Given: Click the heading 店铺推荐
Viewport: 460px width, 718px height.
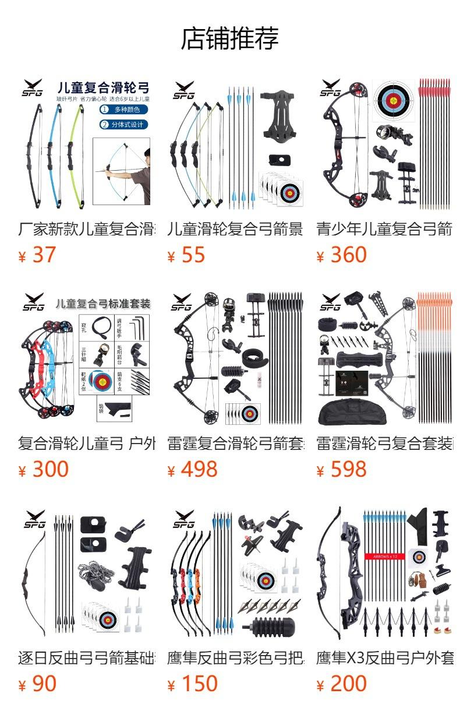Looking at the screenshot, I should click(x=230, y=38).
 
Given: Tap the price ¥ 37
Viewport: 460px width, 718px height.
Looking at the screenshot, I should click(x=37, y=255).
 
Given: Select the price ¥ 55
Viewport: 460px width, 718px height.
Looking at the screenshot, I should click(x=186, y=255).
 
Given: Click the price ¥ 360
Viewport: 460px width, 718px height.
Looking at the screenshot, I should click(x=342, y=255).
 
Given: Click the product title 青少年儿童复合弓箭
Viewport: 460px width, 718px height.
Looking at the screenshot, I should click(x=384, y=229).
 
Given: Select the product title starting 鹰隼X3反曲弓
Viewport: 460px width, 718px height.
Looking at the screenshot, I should click(x=384, y=658).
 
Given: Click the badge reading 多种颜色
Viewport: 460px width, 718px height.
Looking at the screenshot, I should click(x=123, y=109).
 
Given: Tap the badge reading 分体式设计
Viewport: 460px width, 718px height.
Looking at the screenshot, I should click(x=123, y=124).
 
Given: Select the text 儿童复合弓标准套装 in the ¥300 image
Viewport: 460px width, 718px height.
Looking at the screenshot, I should click(x=103, y=304).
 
